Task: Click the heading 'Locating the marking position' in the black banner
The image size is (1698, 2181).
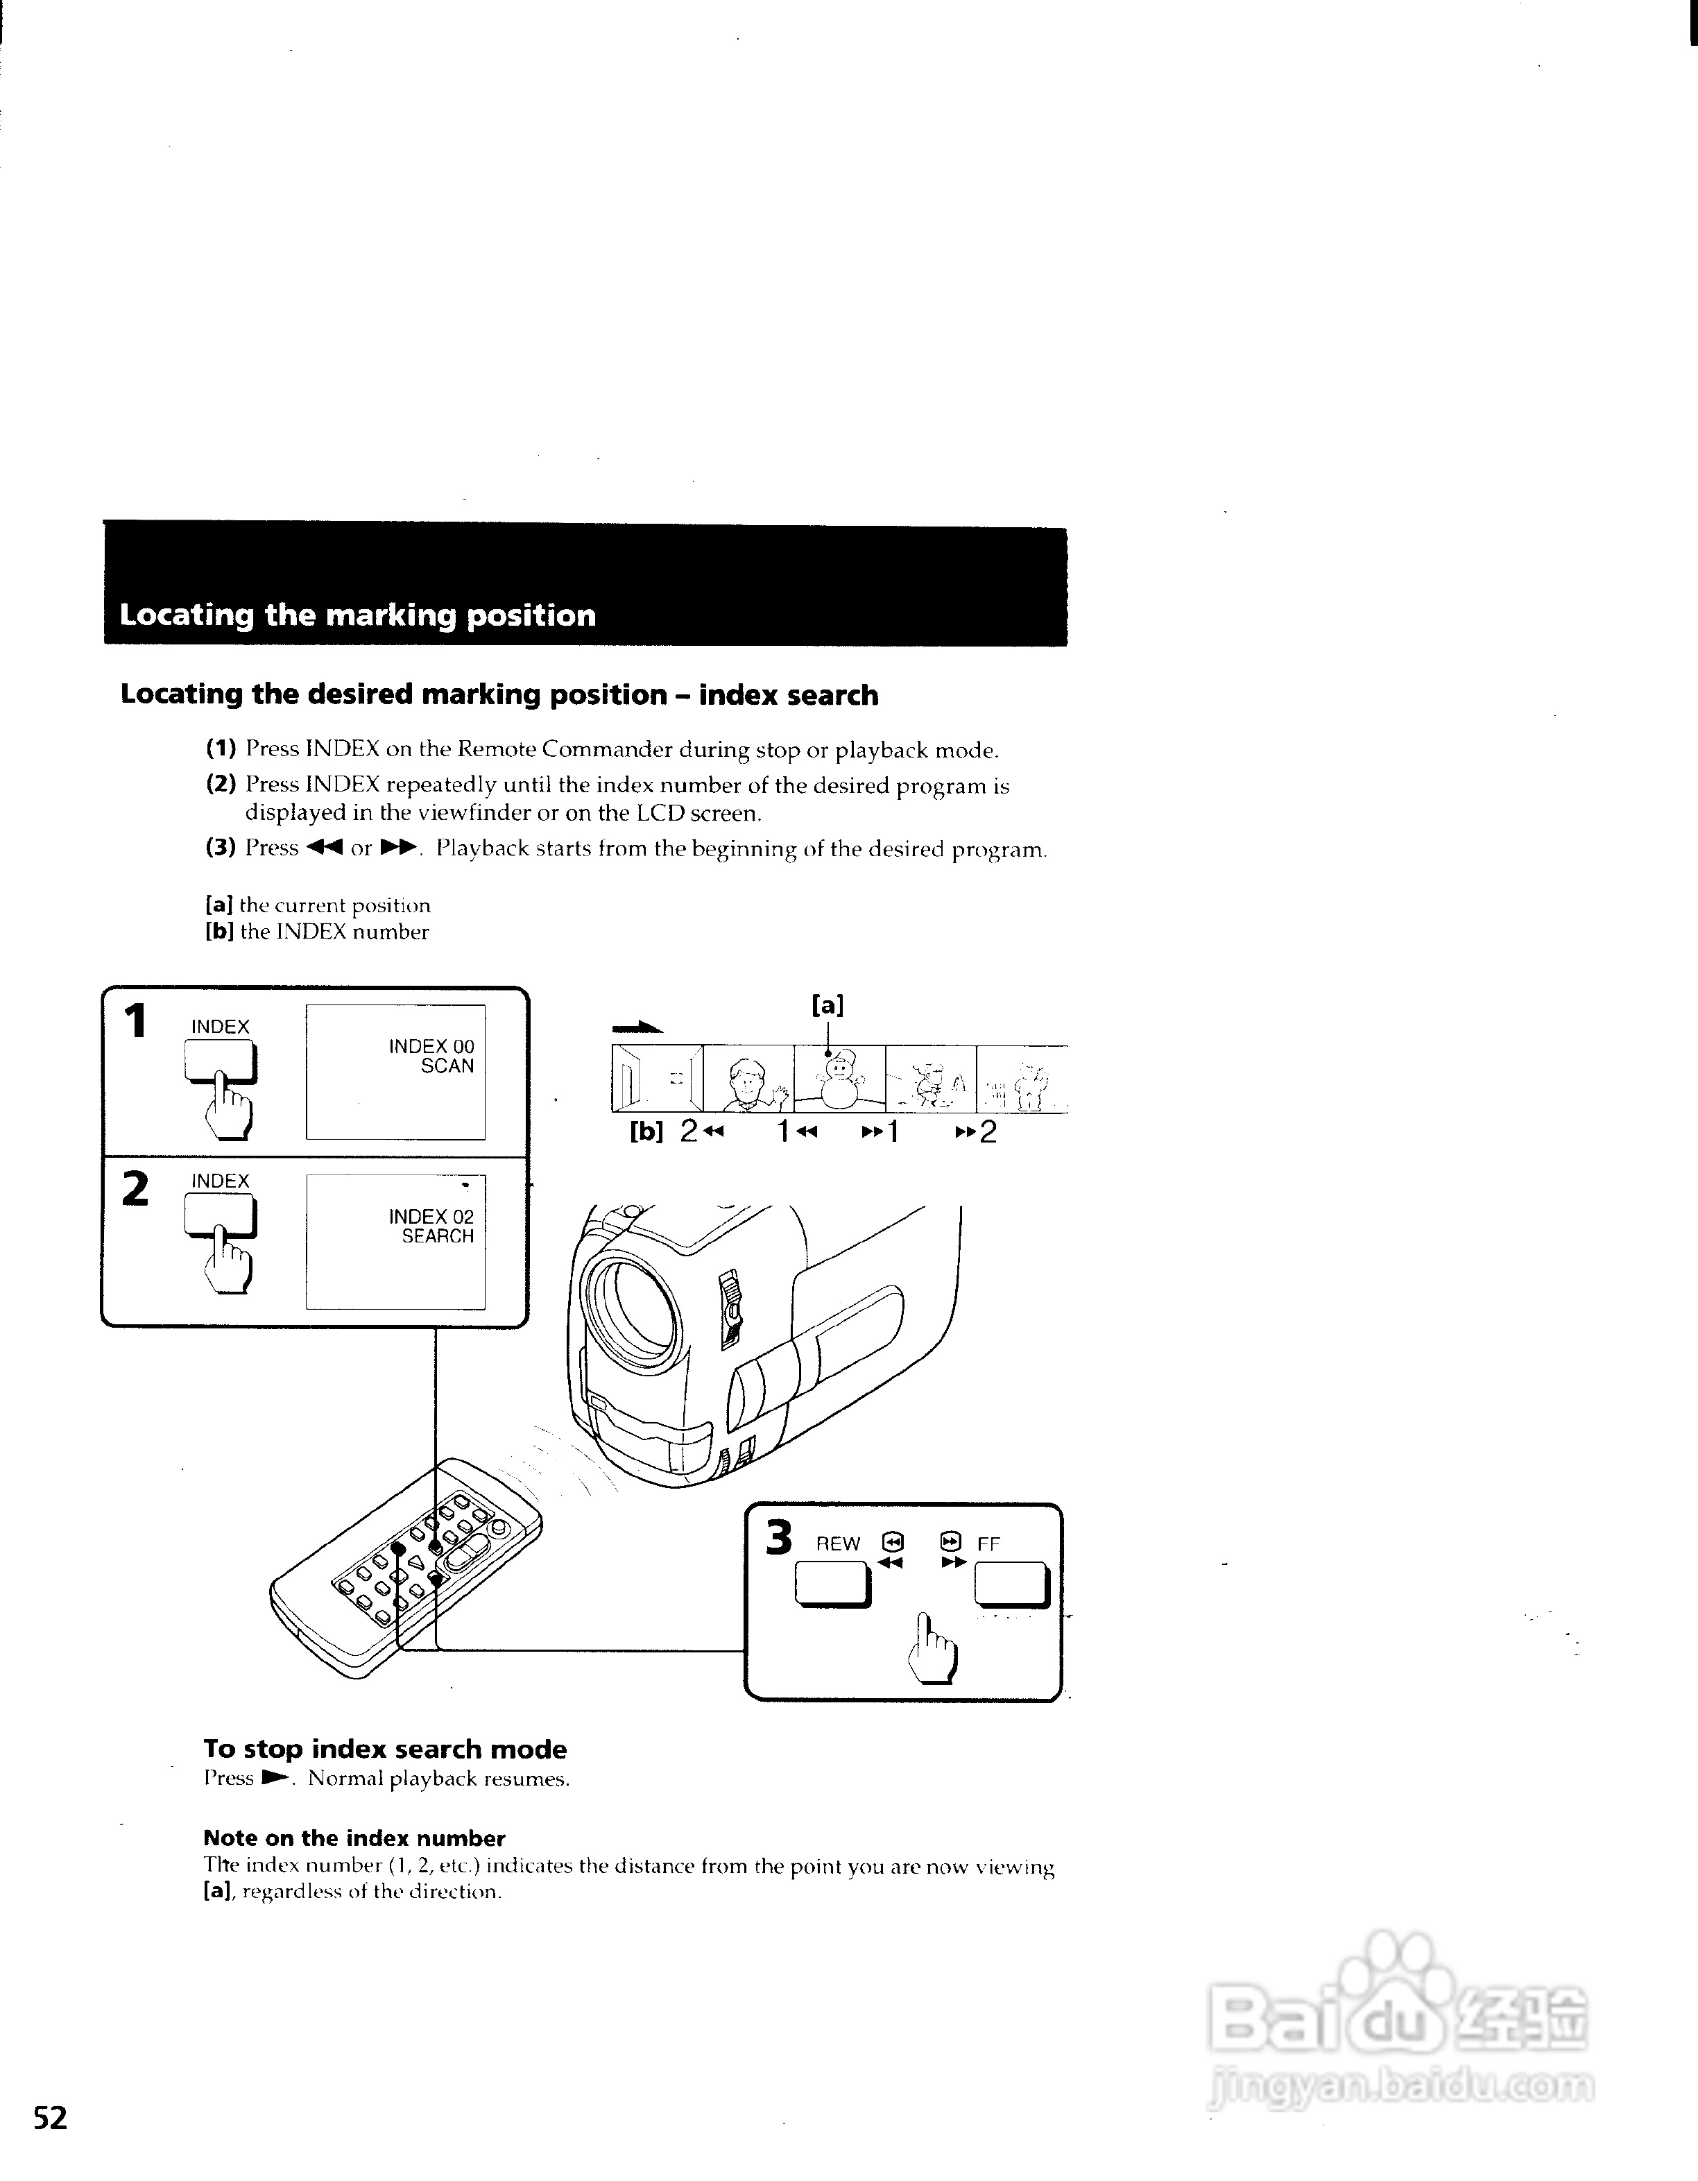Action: point(357,615)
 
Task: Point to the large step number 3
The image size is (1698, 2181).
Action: point(779,1538)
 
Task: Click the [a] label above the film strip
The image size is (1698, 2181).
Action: point(827,1004)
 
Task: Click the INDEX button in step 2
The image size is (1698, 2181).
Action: point(221,1216)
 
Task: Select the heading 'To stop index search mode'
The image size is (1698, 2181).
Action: point(384,1749)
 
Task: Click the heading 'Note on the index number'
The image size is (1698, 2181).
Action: point(353,1838)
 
